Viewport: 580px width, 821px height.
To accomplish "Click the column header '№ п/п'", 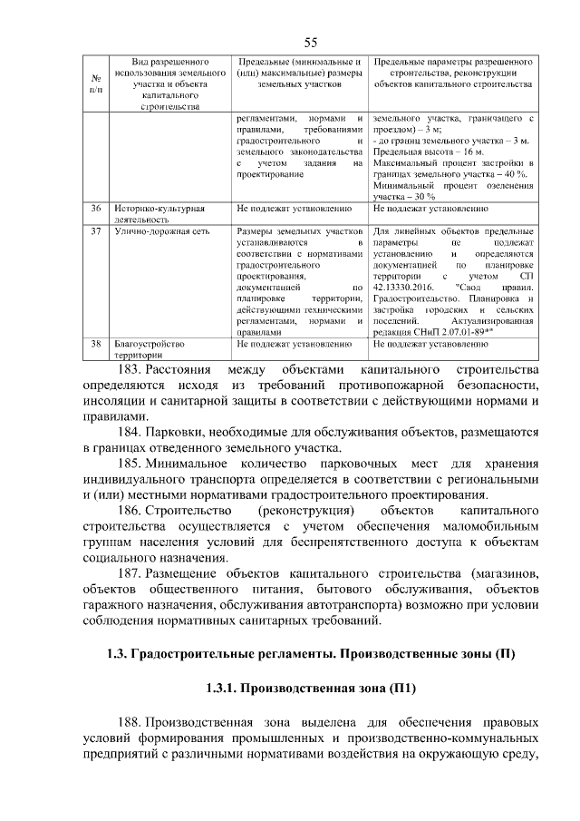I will [96, 83].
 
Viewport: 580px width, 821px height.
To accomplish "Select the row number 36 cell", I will [96, 209].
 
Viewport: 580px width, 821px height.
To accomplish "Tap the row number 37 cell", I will [96, 231].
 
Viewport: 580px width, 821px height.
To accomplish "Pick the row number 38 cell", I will [96, 345].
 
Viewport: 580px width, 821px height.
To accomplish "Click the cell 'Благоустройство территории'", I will [150, 350].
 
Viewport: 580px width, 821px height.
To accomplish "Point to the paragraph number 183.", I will [136, 370].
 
